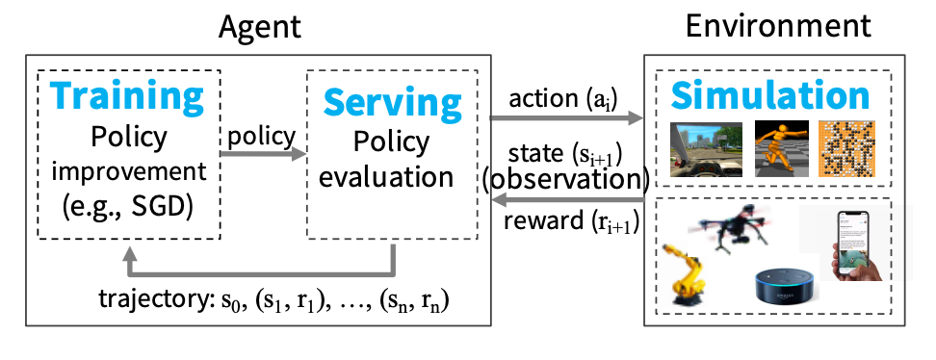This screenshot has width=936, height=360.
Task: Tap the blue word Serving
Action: pos(392,102)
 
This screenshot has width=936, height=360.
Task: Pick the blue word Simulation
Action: pos(770,95)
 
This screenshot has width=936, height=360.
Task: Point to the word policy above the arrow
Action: pos(261,135)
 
